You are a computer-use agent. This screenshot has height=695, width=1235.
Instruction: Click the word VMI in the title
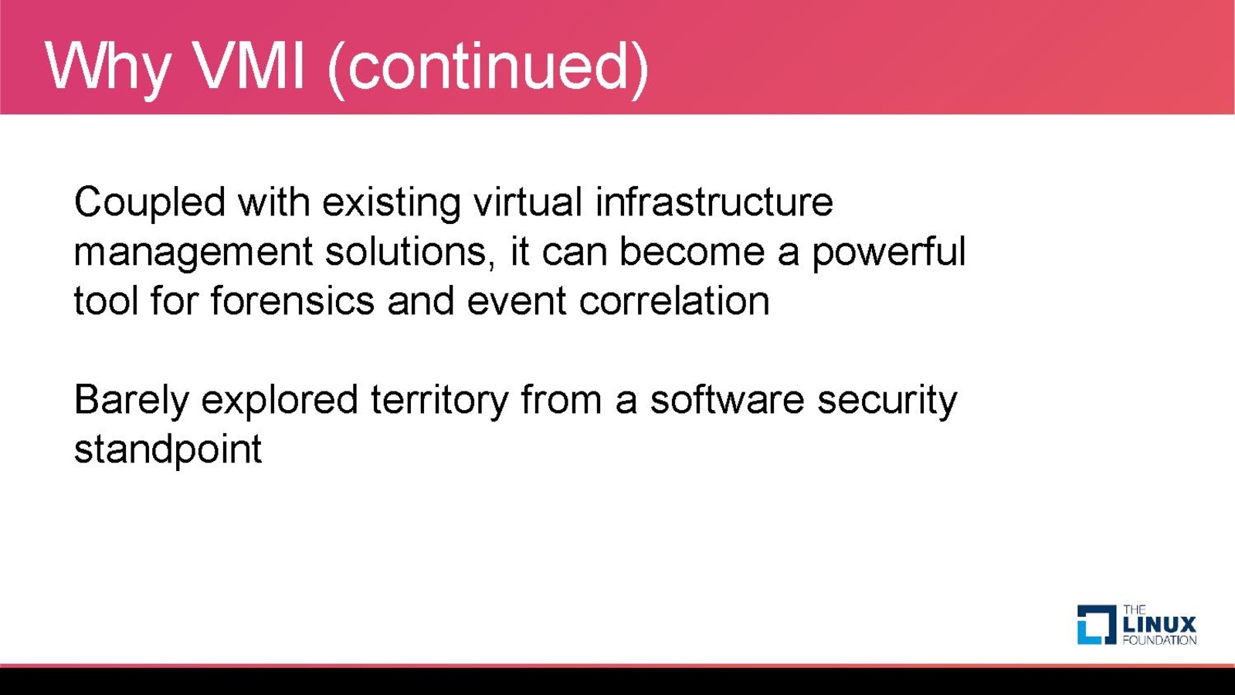250,66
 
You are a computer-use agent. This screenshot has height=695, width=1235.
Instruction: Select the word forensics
292,300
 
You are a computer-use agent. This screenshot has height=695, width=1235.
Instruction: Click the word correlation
673,300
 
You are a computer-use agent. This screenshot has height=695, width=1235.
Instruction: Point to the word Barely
131,402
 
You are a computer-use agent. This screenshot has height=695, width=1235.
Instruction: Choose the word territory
439,402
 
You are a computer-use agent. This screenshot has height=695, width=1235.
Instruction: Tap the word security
887,402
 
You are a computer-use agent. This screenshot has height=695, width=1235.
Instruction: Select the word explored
280,402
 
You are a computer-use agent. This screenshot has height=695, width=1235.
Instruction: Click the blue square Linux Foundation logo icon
1097,625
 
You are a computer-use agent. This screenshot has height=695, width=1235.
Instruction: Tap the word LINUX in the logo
1159,625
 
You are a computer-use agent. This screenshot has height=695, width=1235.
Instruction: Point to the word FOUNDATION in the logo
1159,640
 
